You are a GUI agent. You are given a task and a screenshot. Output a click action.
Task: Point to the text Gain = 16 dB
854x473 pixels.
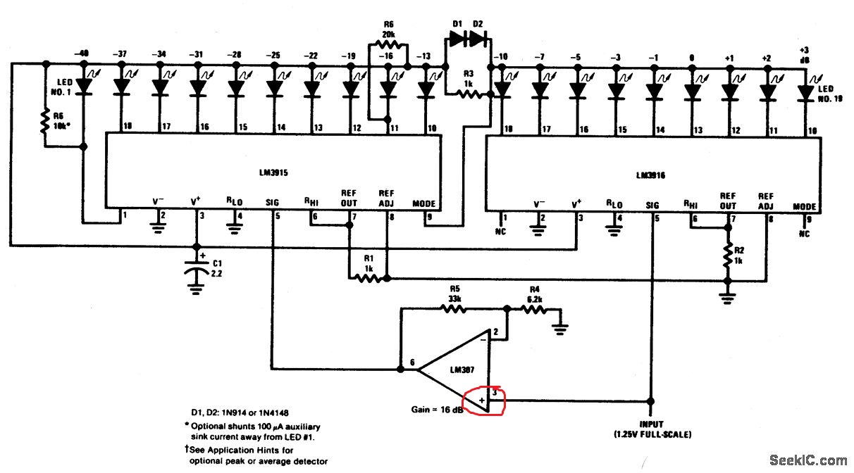point(436,408)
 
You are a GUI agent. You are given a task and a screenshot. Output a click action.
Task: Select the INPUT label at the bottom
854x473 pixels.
point(652,424)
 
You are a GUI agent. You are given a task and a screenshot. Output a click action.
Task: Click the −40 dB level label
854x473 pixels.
point(83,55)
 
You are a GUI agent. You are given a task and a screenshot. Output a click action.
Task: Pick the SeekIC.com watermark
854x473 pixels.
point(808,460)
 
